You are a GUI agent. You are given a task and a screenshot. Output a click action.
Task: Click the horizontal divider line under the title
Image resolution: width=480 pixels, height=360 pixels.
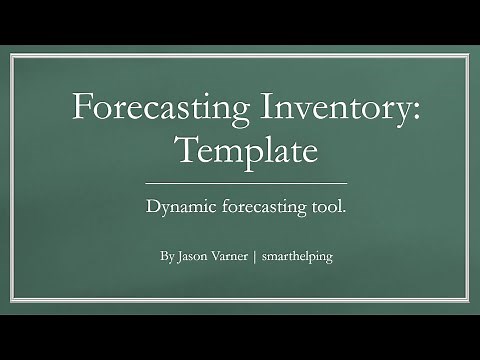click(x=246, y=183)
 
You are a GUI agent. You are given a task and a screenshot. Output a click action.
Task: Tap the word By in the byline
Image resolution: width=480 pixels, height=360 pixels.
click(x=166, y=256)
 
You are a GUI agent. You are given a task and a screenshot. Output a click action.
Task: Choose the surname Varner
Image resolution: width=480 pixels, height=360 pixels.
click(x=232, y=256)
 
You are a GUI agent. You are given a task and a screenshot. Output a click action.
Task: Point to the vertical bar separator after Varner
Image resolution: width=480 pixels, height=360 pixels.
click(x=257, y=256)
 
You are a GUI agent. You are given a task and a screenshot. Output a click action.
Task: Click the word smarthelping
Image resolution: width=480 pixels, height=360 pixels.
click(x=296, y=257)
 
